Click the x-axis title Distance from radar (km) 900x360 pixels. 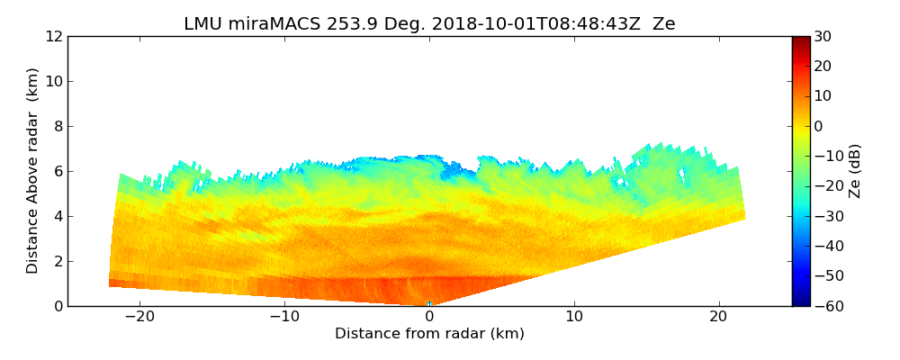(429, 334)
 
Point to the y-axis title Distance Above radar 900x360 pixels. (32, 170)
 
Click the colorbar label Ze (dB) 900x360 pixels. (855, 170)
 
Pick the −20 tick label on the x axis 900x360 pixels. (139, 317)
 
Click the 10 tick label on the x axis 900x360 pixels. (574, 317)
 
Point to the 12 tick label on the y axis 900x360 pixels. (53, 36)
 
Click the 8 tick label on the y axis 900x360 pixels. (58, 126)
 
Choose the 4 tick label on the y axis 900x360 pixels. (58, 216)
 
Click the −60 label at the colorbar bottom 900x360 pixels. (826, 306)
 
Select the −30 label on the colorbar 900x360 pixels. (826, 216)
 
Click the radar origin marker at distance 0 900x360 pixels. (429, 303)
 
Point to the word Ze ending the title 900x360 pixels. (663, 24)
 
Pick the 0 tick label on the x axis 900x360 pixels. (429, 317)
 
